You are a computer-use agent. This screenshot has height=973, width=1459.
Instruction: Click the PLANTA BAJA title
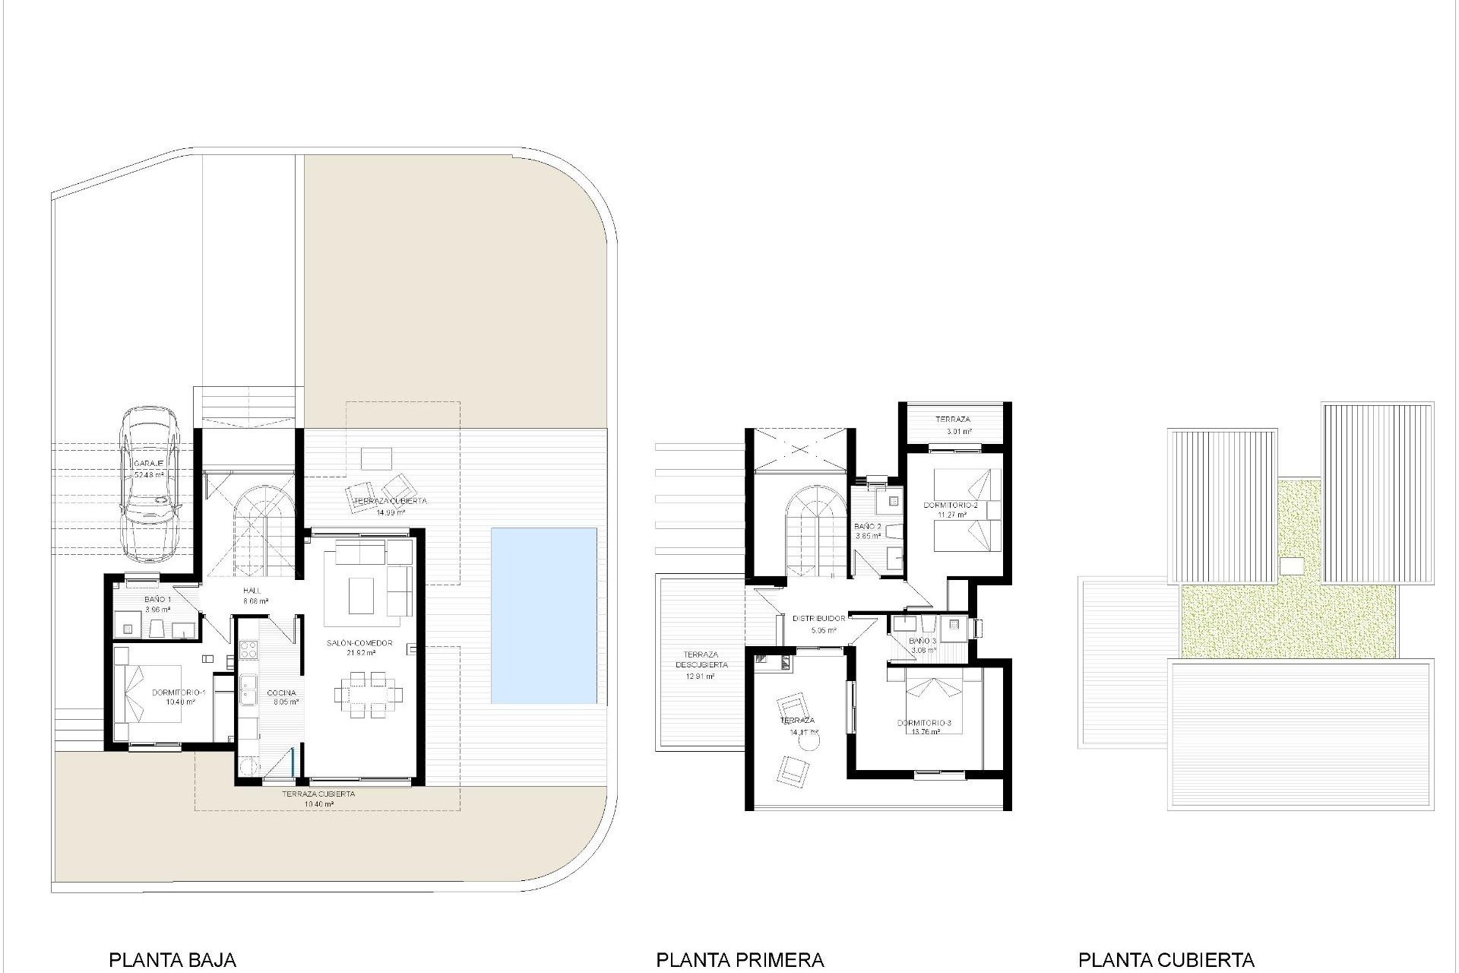pos(172,960)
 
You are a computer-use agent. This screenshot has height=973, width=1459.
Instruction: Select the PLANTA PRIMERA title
pos(739,960)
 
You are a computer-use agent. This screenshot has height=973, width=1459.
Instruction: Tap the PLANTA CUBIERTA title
pos(1166,960)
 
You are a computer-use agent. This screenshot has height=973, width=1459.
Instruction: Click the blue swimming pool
pos(543,615)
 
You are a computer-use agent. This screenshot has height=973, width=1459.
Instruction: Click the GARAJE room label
pos(149,463)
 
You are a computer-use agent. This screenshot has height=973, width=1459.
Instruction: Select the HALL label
pos(252,591)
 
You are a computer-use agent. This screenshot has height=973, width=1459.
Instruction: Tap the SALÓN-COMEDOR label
pos(359,643)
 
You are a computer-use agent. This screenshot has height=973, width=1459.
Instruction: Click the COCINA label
pos(281,693)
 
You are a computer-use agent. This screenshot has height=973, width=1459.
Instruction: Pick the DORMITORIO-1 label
pos(179,693)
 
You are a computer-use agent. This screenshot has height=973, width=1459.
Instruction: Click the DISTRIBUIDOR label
pos(818,619)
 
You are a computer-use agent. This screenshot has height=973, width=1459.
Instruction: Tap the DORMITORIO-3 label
pos(924,722)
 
